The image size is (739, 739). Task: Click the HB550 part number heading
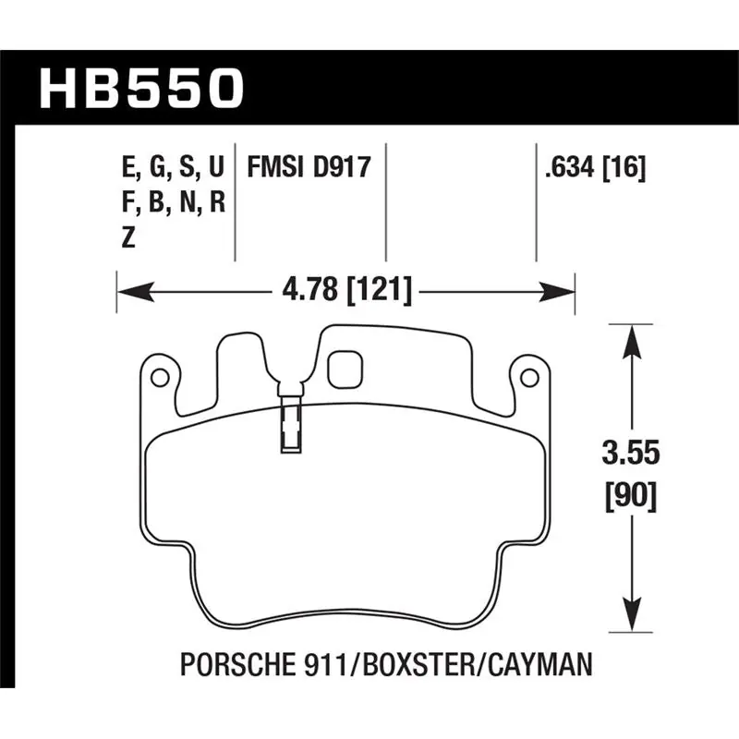pos(142,88)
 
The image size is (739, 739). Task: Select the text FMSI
pos(274,167)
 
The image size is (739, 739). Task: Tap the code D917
pos(342,167)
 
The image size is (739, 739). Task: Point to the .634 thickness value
pos(569,167)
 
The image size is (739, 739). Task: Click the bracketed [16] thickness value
pos(624,168)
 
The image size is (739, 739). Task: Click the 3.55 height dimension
pos(631,454)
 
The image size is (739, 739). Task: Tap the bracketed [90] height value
pos(631,497)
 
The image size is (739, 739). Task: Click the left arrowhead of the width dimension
pos(135,292)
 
